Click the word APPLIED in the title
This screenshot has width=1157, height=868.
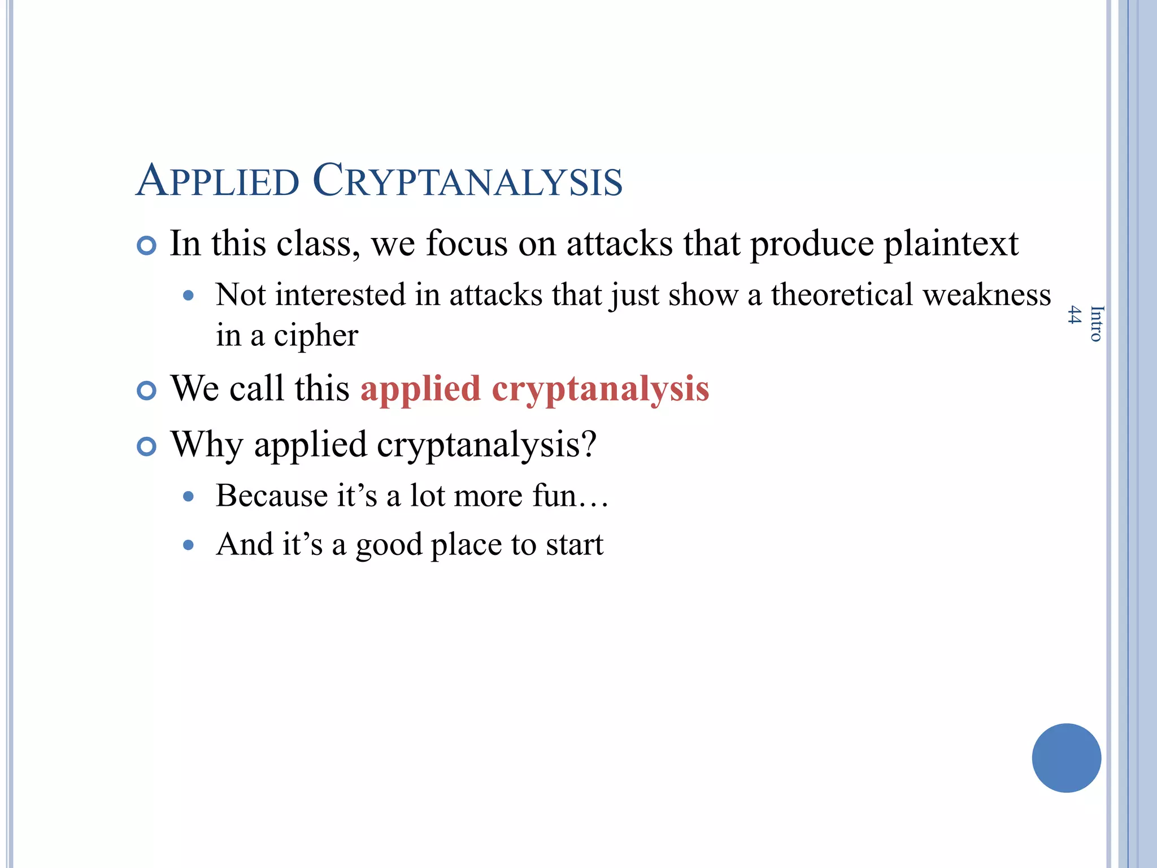pyautogui.click(x=218, y=181)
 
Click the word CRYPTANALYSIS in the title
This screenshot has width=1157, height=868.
pyautogui.click(x=467, y=181)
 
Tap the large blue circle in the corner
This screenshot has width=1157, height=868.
pyautogui.click(x=1066, y=758)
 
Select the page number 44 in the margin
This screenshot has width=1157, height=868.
pyautogui.click(x=1075, y=315)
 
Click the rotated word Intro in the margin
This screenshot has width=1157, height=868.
pyautogui.click(x=1096, y=324)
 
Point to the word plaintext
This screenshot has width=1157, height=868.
pyautogui.click(x=951, y=244)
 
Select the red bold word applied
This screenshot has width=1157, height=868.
pyautogui.click(x=420, y=389)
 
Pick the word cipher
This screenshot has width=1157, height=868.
pyautogui.click(x=316, y=336)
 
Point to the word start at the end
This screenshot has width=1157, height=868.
pyautogui.click(x=575, y=545)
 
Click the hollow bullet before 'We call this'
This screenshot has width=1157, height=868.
pyautogui.click(x=146, y=390)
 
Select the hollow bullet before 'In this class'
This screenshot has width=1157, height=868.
pyautogui.click(x=146, y=246)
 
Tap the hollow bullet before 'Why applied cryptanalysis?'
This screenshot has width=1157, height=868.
pyautogui.click(x=146, y=446)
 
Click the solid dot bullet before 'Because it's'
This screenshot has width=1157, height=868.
pyautogui.click(x=189, y=497)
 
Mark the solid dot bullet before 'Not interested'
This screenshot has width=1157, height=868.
pyautogui.click(x=189, y=296)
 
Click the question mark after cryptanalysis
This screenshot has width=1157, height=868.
pyautogui.click(x=589, y=444)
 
